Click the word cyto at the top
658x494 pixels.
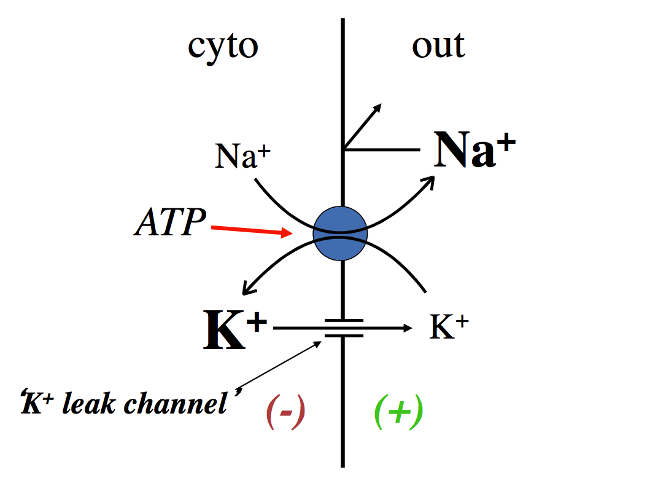pyautogui.click(x=222, y=47)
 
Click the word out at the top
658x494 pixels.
pyautogui.click(x=438, y=45)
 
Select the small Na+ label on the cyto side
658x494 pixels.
pyautogui.click(x=242, y=157)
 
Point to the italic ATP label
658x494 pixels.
pyautogui.click(x=170, y=223)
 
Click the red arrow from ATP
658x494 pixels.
pyautogui.click(x=252, y=230)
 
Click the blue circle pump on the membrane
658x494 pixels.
pyautogui.click(x=340, y=233)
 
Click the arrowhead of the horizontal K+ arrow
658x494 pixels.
pyautogui.click(x=408, y=329)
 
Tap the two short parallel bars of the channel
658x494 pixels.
pyautogui.click(x=344, y=328)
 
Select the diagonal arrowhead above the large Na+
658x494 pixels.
pyautogui.click(x=377, y=108)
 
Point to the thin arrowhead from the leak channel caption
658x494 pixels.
pyautogui.click(x=317, y=343)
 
